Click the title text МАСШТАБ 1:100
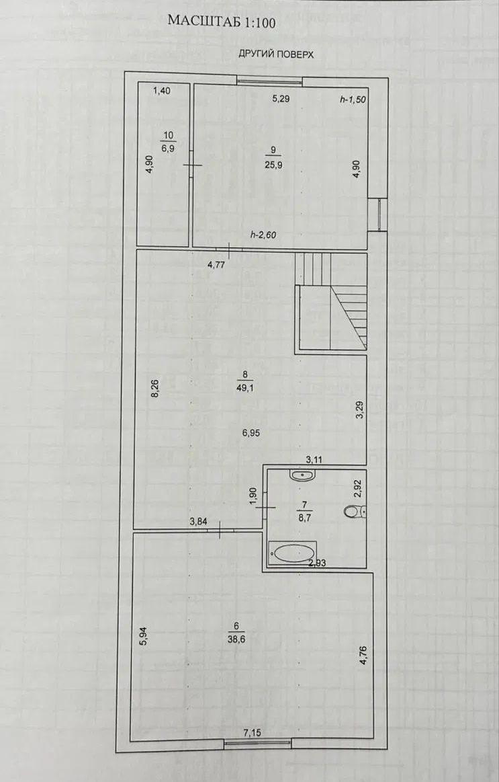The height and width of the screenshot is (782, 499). coord(222,21)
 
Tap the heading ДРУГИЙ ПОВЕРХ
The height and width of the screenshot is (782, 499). coord(276,54)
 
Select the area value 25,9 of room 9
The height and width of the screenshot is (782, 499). coord(273,165)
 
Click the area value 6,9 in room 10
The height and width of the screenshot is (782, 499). coord(169,149)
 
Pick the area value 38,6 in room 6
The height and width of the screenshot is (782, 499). coord(236,637)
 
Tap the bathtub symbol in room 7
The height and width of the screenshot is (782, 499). coord(292,553)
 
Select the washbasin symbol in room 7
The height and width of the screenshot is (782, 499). coord(302,475)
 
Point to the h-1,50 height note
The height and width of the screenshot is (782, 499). coord(353,100)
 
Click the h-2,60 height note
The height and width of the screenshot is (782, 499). coord(263,235)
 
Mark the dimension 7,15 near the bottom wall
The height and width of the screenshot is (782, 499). coord(253,732)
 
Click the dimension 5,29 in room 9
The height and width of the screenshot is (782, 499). coord(281,99)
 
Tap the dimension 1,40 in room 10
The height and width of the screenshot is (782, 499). coord(161,90)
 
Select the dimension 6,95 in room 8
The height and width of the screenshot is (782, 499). coord(251,433)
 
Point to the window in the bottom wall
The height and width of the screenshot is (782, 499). coord(257,742)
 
